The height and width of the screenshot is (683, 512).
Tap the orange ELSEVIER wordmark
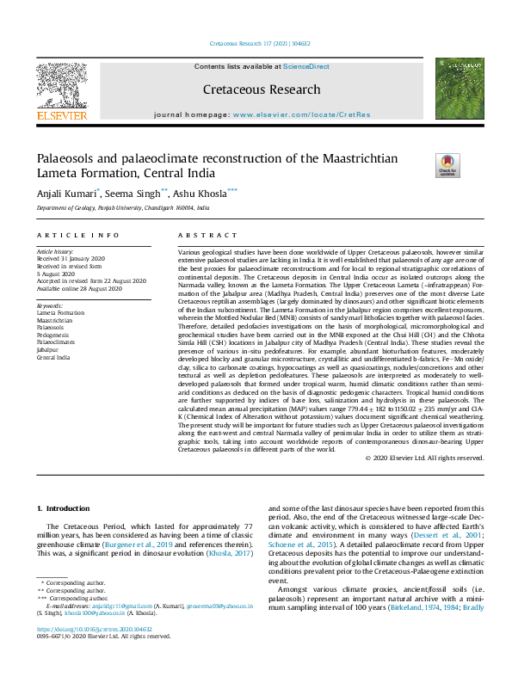[61, 115]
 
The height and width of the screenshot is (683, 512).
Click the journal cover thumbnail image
[460, 89]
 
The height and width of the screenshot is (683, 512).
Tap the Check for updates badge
[448, 164]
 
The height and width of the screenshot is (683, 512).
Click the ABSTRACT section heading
[207, 234]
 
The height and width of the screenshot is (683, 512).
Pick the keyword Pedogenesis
[55, 333]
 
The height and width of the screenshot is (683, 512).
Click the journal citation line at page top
[256, 43]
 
